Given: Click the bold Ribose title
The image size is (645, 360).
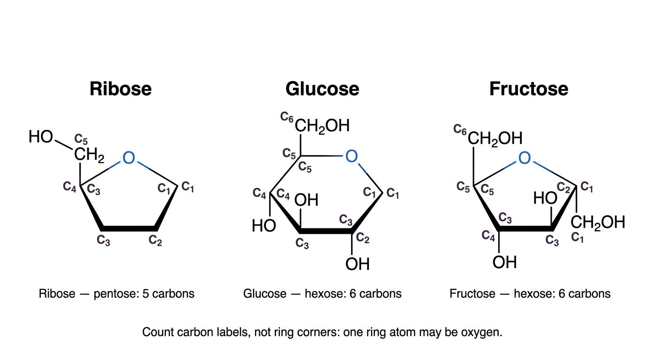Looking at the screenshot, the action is pyautogui.click(x=120, y=89).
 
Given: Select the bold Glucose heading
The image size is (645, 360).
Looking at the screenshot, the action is pyautogui.click(x=322, y=89).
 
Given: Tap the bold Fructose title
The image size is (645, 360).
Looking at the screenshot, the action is pyautogui.click(x=529, y=89).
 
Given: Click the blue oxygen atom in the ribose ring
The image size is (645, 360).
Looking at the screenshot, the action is pyautogui.click(x=128, y=157).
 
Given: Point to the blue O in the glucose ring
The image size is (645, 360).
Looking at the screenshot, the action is pyautogui.click(x=351, y=156).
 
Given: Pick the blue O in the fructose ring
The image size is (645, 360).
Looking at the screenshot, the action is pyautogui.click(x=525, y=158).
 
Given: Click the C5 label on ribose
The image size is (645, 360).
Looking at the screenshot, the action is pyautogui.click(x=81, y=139).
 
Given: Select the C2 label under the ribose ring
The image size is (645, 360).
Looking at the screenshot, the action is pyautogui.click(x=155, y=240).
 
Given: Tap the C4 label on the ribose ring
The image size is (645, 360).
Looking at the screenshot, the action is pyautogui.click(x=70, y=187).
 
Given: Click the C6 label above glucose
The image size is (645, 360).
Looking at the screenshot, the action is pyautogui.click(x=287, y=117).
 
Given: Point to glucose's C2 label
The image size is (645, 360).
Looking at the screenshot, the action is pyautogui.click(x=362, y=238).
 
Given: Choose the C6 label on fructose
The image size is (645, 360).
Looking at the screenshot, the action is pyautogui.click(x=460, y=129).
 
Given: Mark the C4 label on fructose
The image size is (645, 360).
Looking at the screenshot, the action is pyautogui.click(x=488, y=236).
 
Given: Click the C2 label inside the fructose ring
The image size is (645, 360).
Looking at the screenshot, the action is pyautogui.click(x=563, y=187).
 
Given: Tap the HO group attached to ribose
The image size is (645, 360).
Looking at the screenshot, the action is pyautogui.click(x=41, y=136).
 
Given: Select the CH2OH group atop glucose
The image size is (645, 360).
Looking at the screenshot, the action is pyautogui.click(x=322, y=126).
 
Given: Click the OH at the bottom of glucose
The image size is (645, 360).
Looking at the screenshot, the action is pyautogui.click(x=357, y=264).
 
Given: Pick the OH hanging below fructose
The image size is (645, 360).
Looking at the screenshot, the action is pyautogui.click(x=504, y=262).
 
